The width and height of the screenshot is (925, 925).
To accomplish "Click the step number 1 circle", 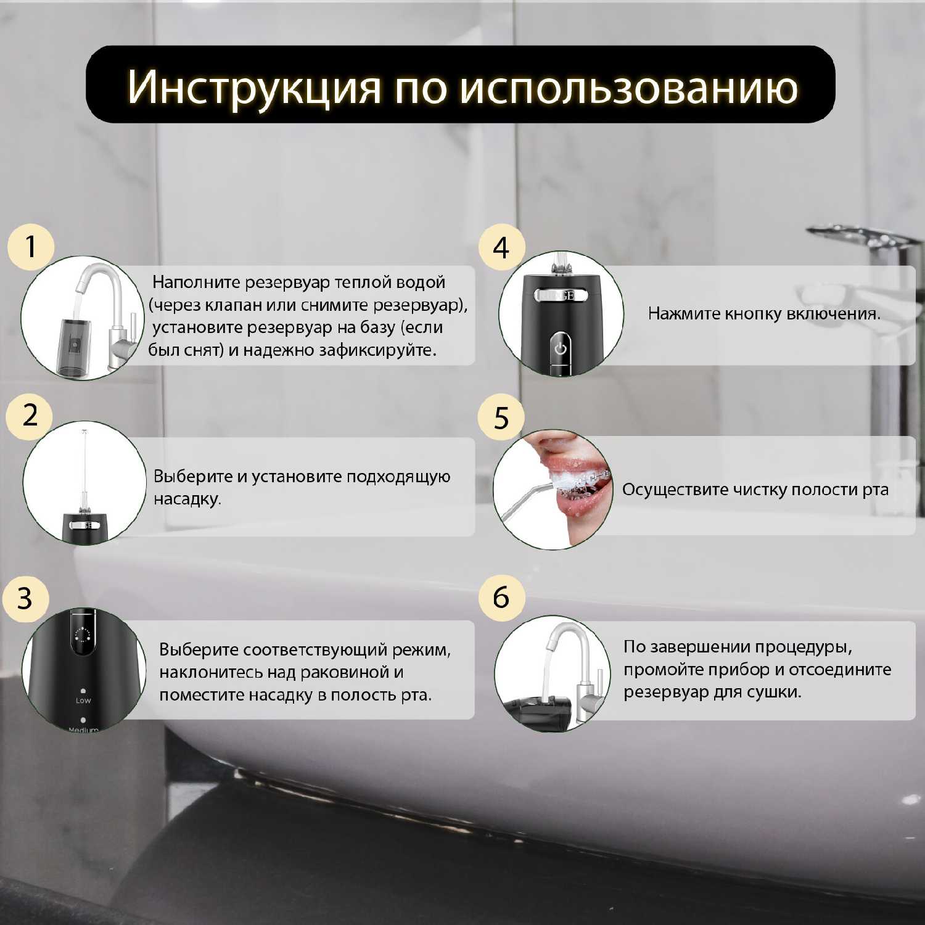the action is coord(31,247).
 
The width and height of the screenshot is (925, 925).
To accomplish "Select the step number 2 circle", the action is coord(30,415).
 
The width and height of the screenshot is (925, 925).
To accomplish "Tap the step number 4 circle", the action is coord(501,247).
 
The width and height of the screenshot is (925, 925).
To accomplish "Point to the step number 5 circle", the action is coord(501,417).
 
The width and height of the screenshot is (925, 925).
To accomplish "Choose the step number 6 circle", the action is coord(501,597).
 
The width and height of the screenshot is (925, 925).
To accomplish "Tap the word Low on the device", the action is coord(83,701).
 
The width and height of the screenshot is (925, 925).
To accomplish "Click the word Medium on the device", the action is coord(83,730).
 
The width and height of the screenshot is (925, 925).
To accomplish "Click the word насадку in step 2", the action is coord(187,499).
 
